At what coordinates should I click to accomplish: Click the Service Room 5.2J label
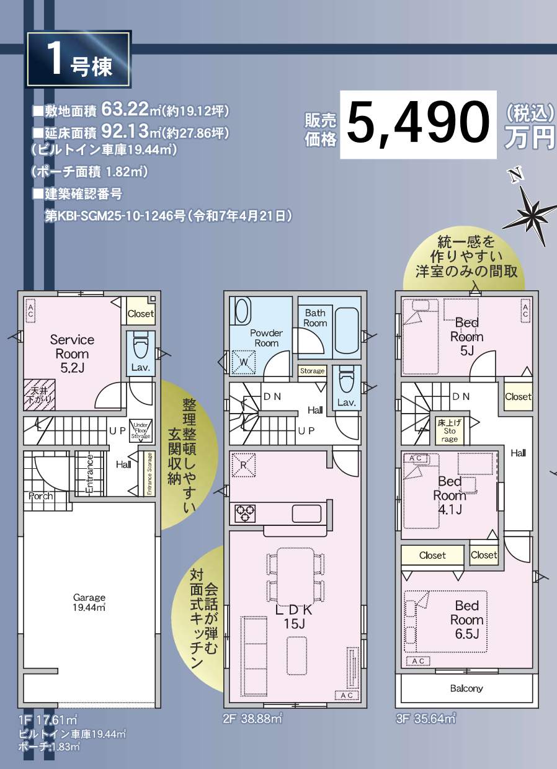tap(72, 353)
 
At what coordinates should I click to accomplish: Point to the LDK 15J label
tap(295, 616)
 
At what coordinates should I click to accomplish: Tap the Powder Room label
tap(266, 338)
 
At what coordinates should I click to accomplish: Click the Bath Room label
tap(315, 318)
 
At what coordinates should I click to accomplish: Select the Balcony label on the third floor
tap(466, 688)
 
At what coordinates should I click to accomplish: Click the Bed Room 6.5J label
tap(466, 619)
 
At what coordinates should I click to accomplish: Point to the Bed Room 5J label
tap(466, 337)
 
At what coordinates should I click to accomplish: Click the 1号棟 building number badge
tap(78, 60)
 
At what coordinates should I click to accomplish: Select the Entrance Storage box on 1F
tap(149, 473)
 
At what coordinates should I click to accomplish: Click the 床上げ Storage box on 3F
tap(450, 430)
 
